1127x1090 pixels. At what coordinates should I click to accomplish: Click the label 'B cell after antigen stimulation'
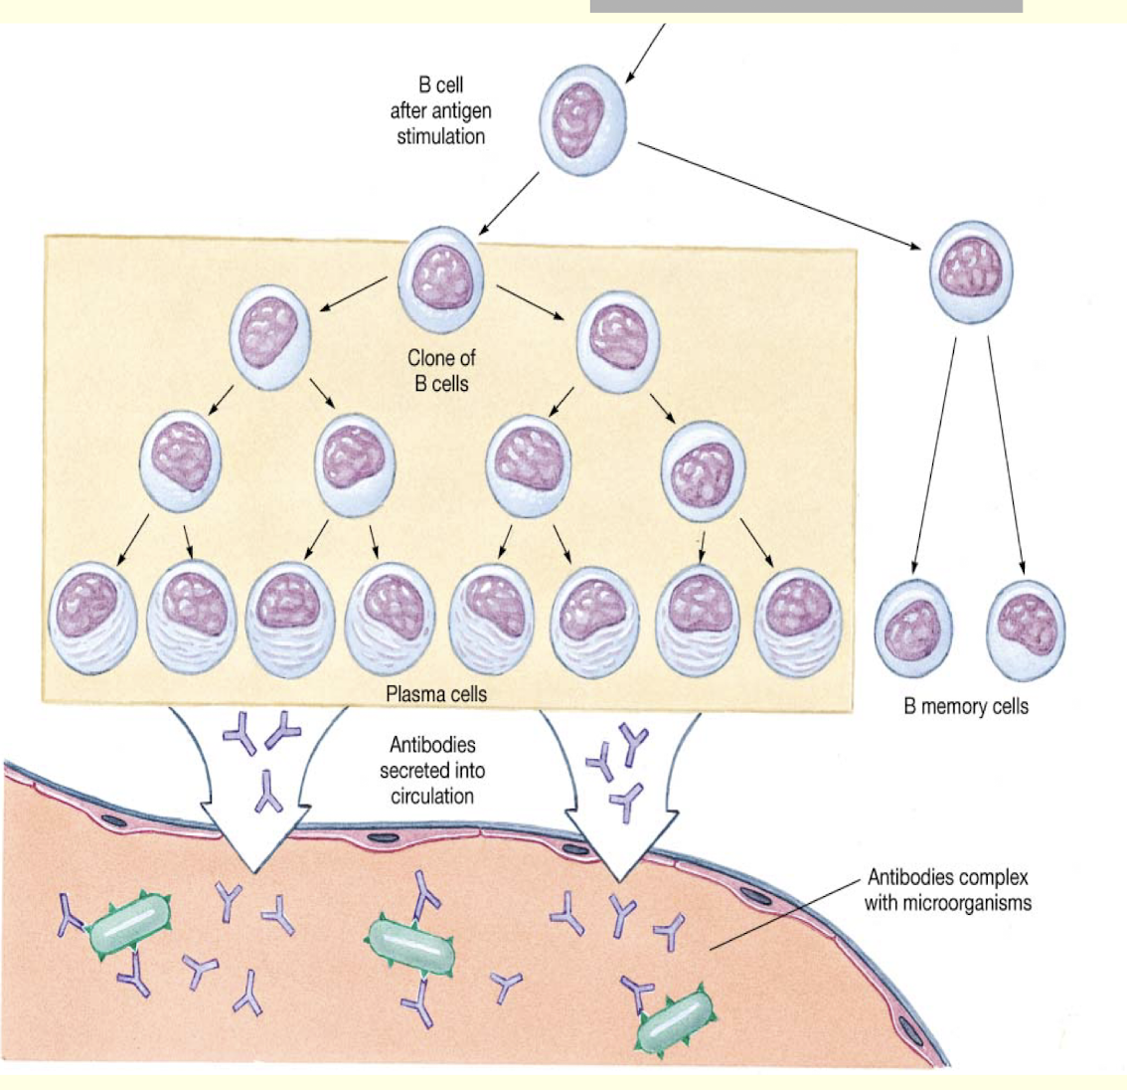click(x=440, y=111)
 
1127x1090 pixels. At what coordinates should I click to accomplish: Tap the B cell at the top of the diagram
click(x=584, y=121)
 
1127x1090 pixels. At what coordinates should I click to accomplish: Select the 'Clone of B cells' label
click(x=440, y=370)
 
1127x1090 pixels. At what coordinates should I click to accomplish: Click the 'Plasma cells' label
click(x=436, y=693)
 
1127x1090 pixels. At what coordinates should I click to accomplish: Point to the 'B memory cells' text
click(x=966, y=707)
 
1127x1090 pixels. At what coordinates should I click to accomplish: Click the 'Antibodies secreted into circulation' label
click(x=432, y=770)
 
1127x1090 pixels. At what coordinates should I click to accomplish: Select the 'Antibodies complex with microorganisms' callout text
click(x=947, y=890)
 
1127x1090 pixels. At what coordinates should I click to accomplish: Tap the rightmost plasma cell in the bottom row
click(x=798, y=622)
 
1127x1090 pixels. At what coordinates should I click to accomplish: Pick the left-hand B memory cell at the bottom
click(x=914, y=630)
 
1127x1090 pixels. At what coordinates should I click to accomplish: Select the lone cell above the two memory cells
click(x=971, y=271)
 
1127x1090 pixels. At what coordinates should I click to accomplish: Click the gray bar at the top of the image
click(x=806, y=6)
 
